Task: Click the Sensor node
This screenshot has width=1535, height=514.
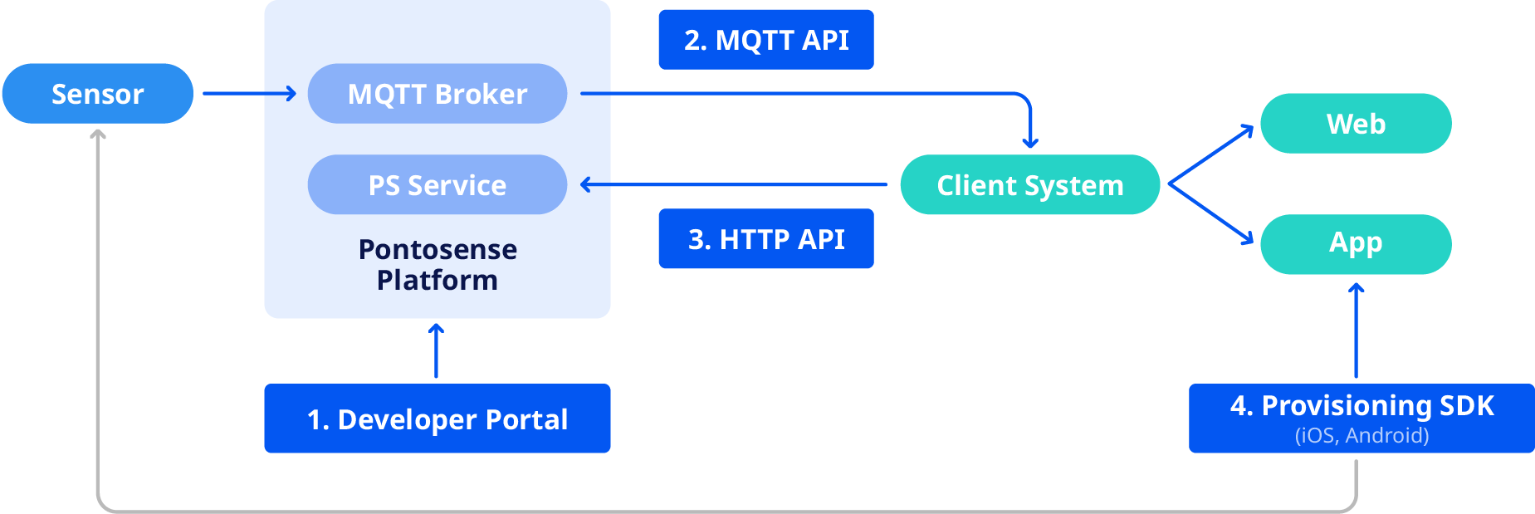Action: pos(98,94)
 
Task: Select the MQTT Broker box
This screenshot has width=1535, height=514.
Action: pos(438,94)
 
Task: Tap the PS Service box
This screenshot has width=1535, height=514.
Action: pos(438,184)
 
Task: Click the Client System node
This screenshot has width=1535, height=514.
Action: pos(1029,184)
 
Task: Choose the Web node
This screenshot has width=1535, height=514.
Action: pos(1356,124)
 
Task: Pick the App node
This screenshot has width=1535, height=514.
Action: pos(1356,243)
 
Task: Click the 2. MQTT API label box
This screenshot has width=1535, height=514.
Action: pos(766,40)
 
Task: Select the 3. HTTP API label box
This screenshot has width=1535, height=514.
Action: pos(766,239)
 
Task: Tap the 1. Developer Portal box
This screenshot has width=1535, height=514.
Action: pos(438,419)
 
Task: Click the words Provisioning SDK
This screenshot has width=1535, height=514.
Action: pos(1377,405)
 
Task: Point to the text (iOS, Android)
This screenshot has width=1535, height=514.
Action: pos(1361,436)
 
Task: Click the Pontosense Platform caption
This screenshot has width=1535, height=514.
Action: pos(438,265)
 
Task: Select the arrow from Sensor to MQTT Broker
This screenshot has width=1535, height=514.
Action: pos(249,94)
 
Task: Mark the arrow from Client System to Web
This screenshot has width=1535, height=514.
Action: pos(1211,154)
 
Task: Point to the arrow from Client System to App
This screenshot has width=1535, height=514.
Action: pos(1211,213)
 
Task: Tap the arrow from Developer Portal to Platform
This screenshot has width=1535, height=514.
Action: pos(436,351)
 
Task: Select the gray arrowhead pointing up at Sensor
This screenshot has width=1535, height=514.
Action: pos(98,134)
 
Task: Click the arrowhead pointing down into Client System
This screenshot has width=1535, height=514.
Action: pos(1030,143)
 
